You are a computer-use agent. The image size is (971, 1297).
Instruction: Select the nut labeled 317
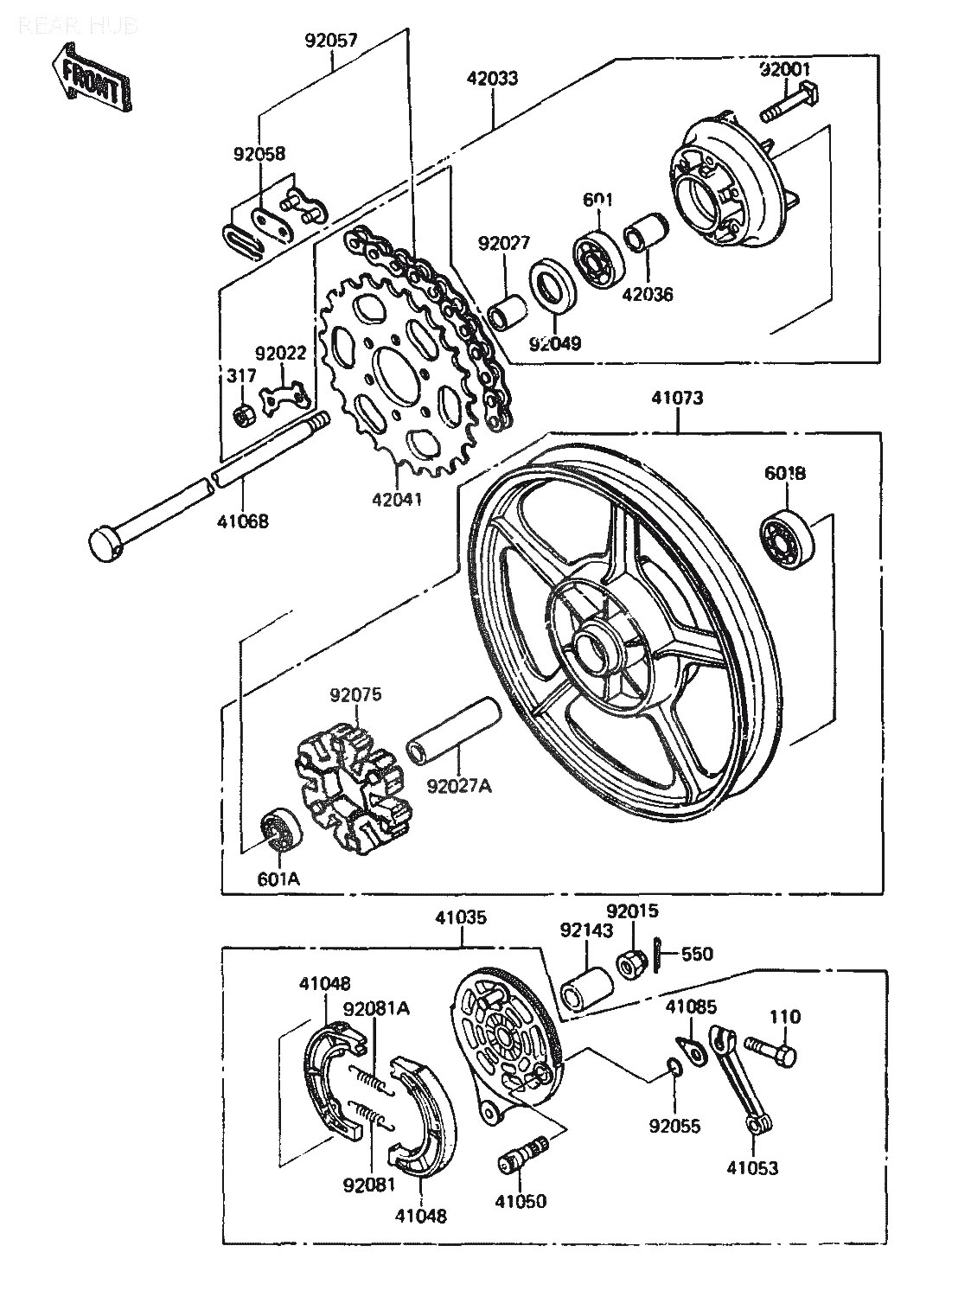(x=244, y=416)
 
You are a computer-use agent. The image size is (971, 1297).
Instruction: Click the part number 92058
(x=259, y=154)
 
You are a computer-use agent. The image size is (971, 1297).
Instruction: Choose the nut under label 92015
(x=629, y=962)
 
